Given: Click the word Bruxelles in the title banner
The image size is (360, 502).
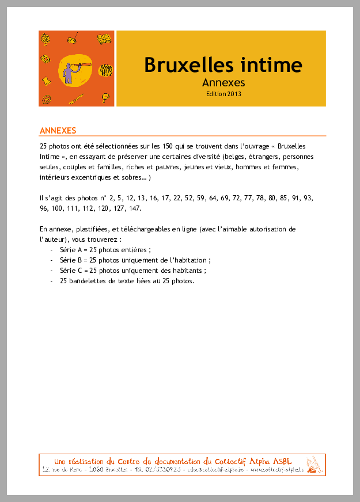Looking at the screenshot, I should [184, 64].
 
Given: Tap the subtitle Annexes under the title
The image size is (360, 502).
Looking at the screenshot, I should [223, 82].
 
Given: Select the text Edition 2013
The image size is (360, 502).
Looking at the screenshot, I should [223, 93].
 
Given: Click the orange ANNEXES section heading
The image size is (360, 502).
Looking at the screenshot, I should [58, 131].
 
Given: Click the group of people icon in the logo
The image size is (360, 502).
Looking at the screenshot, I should [105, 71].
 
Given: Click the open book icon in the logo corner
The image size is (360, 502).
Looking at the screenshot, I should [104, 39].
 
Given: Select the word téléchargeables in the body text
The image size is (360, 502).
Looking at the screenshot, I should [158, 229].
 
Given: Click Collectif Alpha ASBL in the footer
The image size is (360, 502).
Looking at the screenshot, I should [253, 461].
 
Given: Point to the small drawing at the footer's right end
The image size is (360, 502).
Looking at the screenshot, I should [313, 465].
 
